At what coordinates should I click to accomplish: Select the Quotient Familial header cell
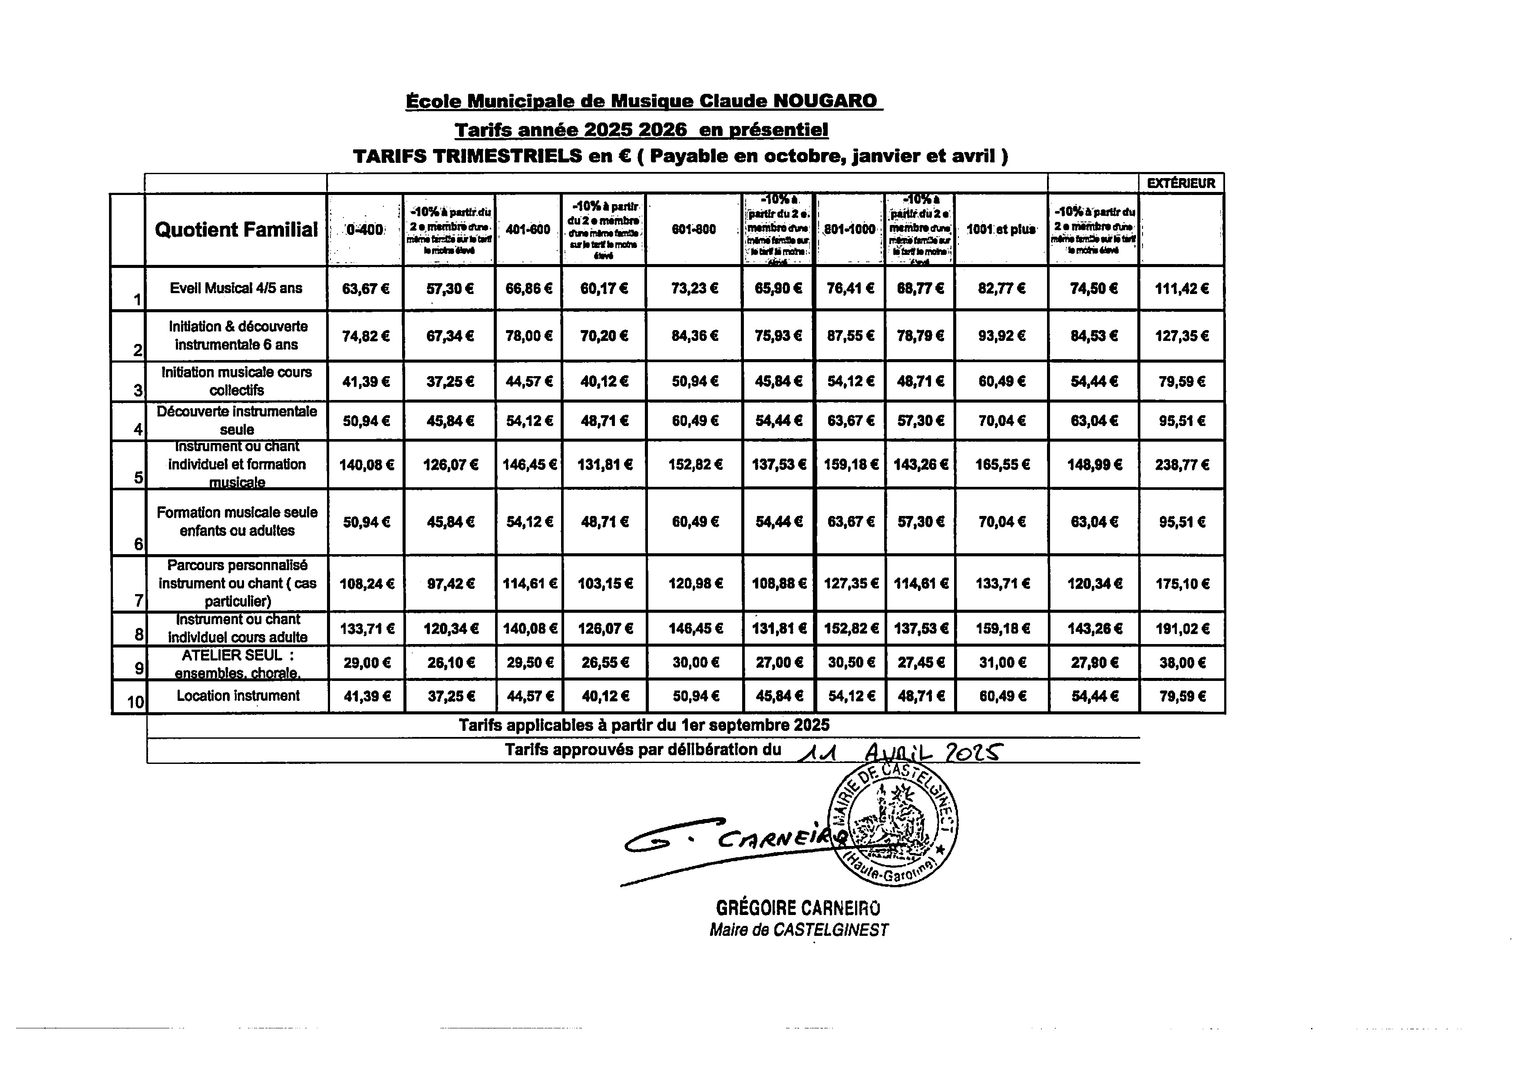tap(236, 229)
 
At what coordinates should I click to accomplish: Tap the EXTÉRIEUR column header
tap(1181, 183)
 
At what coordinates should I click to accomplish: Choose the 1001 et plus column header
tap(1001, 229)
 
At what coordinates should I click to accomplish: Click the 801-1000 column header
tap(849, 229)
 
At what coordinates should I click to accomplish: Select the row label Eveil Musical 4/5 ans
tap(236, 288)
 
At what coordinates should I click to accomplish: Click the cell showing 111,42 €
tap(1182, 288)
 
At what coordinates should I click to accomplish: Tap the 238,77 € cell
tap(1182, 465)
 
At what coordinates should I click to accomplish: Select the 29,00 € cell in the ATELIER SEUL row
tap(366, 663)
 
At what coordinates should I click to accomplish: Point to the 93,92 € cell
tap(1001, 336)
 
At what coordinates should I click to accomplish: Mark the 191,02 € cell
tap(1182, 629)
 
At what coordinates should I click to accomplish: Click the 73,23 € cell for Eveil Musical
tap(694, 288)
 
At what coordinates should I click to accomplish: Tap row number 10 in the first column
tap(135, 701)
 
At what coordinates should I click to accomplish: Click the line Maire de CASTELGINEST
tap(798, 929)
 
